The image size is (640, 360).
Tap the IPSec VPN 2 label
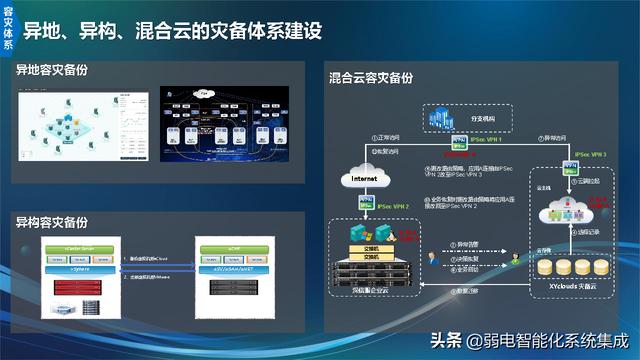pos(396,206)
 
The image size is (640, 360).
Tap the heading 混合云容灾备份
pos(371,77)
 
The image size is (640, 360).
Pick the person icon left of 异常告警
pos(434,257)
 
